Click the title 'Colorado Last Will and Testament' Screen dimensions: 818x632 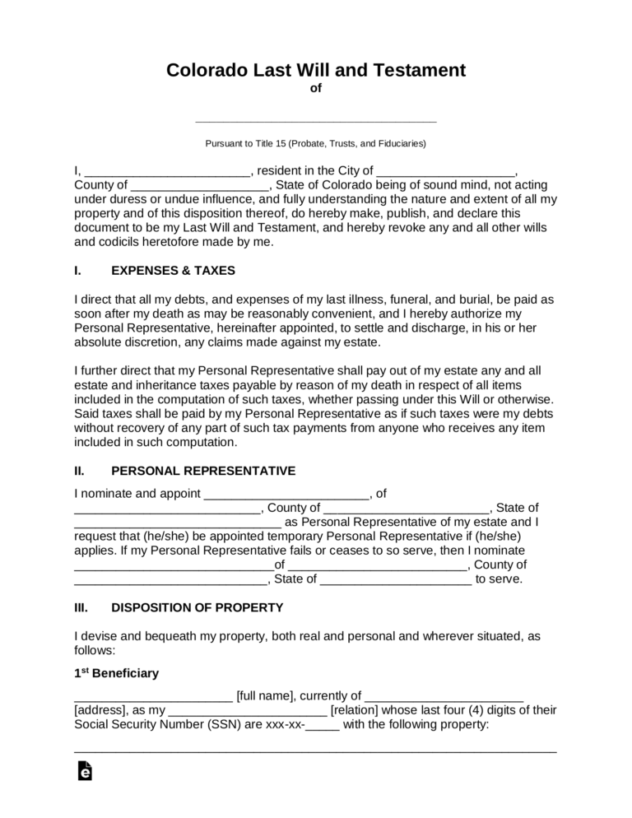pyautogui.click(x=316, y=70)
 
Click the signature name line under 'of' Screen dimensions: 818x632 pyautogui.click(x=316, y=120)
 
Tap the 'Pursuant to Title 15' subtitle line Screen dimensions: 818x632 pyautogui.click(x=316, y=143)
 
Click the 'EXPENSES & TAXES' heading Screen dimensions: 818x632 pyautogui.click(x=173, y=270)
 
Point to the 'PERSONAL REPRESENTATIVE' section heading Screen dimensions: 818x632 pyautogui.click(x=203, y=471)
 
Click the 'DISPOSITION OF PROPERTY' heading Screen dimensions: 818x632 pyautogui.click(x=197, y=607)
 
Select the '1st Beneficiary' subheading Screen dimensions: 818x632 pyautogui.click(x=116, y=673)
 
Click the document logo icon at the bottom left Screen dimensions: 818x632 pyautogui.click(x=84, y=771)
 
